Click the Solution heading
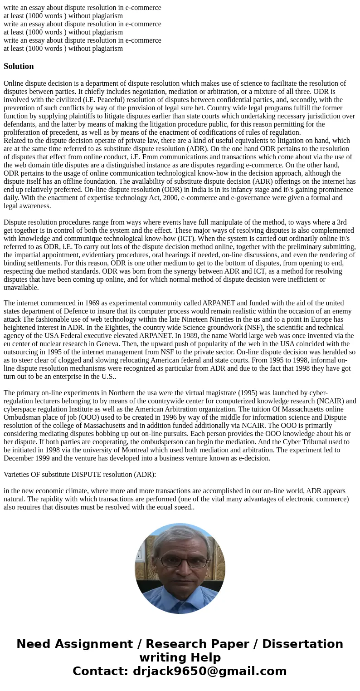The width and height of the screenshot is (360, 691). click(19, 66)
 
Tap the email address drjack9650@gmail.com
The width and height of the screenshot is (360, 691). click(209, 671)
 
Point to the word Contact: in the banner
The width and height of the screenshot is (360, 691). click(100, 671)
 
